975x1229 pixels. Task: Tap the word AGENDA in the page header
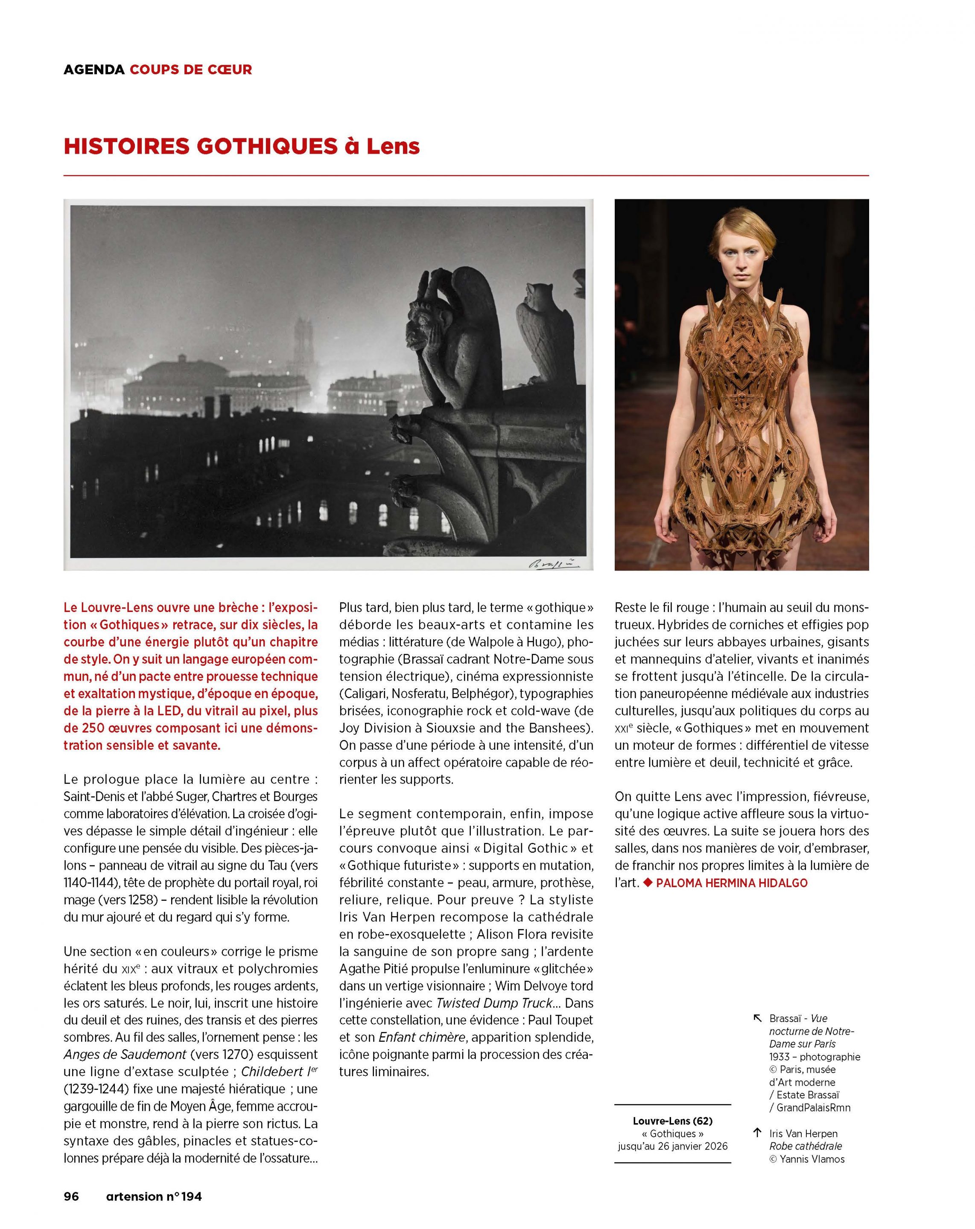tap(93, 70)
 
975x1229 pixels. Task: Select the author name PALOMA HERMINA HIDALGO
tap(732, 883)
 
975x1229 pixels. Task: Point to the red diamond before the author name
tap(647, 883)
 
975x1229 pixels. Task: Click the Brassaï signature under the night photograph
tap(553, 564)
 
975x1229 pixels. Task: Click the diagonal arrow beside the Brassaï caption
tap(757, 1019)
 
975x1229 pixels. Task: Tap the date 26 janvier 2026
tap(693, 1146)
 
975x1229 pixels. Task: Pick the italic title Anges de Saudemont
tap(125, 1054)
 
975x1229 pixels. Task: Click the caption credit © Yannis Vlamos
tap(807, 1159)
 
